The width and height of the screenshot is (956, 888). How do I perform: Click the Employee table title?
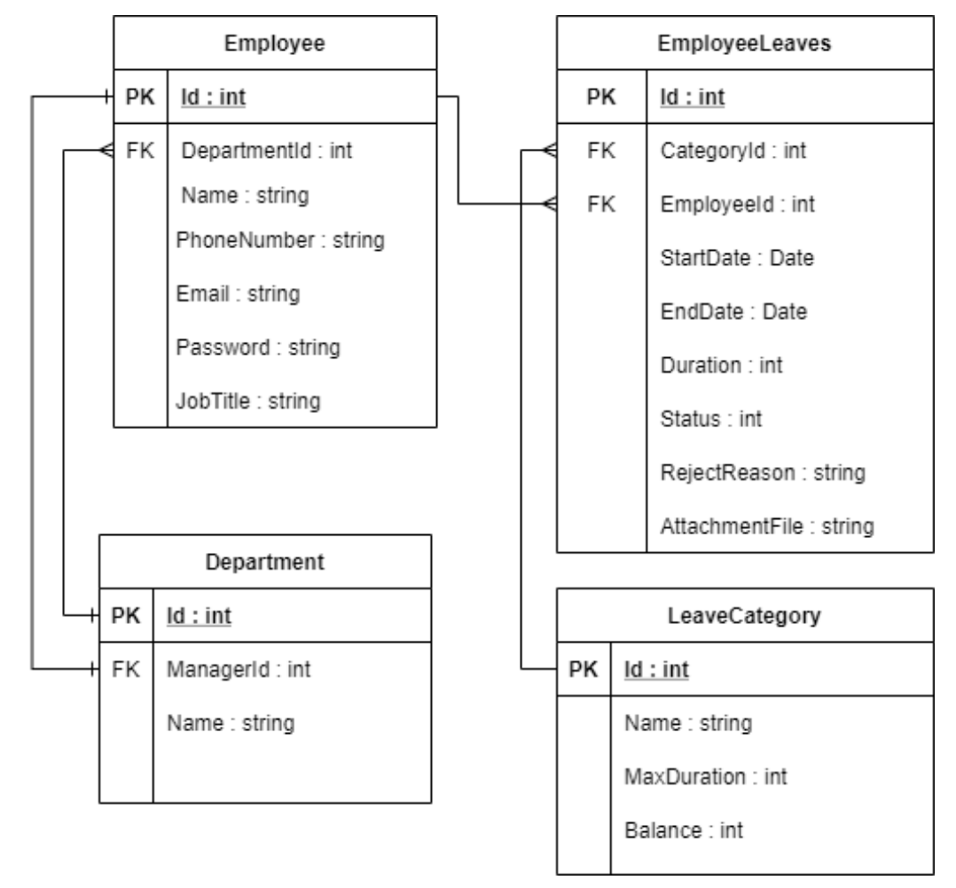(275, 43)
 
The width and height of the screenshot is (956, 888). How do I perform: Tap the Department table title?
(265, 562)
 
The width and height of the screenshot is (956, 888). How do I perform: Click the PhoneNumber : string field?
(279, 239)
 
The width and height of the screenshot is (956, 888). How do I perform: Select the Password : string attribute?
(258, 347)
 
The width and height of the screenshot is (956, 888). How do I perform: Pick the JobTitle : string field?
(248, 401)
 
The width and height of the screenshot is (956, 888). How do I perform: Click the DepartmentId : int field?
(266, 151)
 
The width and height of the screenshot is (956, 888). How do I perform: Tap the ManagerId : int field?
(239, 669)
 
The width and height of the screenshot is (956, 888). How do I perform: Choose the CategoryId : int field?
(733, 152)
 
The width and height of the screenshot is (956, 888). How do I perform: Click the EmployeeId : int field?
(737, 205)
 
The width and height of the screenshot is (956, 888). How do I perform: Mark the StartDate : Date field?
(737, 259)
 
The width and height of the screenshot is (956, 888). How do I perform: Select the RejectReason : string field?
(762, 472)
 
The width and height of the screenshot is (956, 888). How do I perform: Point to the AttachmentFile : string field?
(767, 526)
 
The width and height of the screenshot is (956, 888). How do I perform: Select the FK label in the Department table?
(126, 669)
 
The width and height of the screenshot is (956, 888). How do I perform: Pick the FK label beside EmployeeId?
(602, 205)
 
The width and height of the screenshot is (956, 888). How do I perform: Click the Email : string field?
(238, 293)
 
